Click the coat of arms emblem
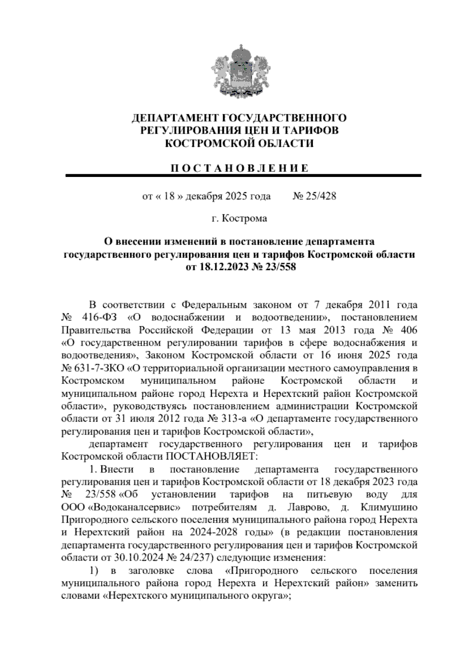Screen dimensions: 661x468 pyautogui.click(x=237, y=72)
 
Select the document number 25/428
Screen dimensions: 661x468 pyautogui.click(x=321, y=196)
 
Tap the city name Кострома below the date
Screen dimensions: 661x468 pyautogui.click(x=245, y=219)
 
